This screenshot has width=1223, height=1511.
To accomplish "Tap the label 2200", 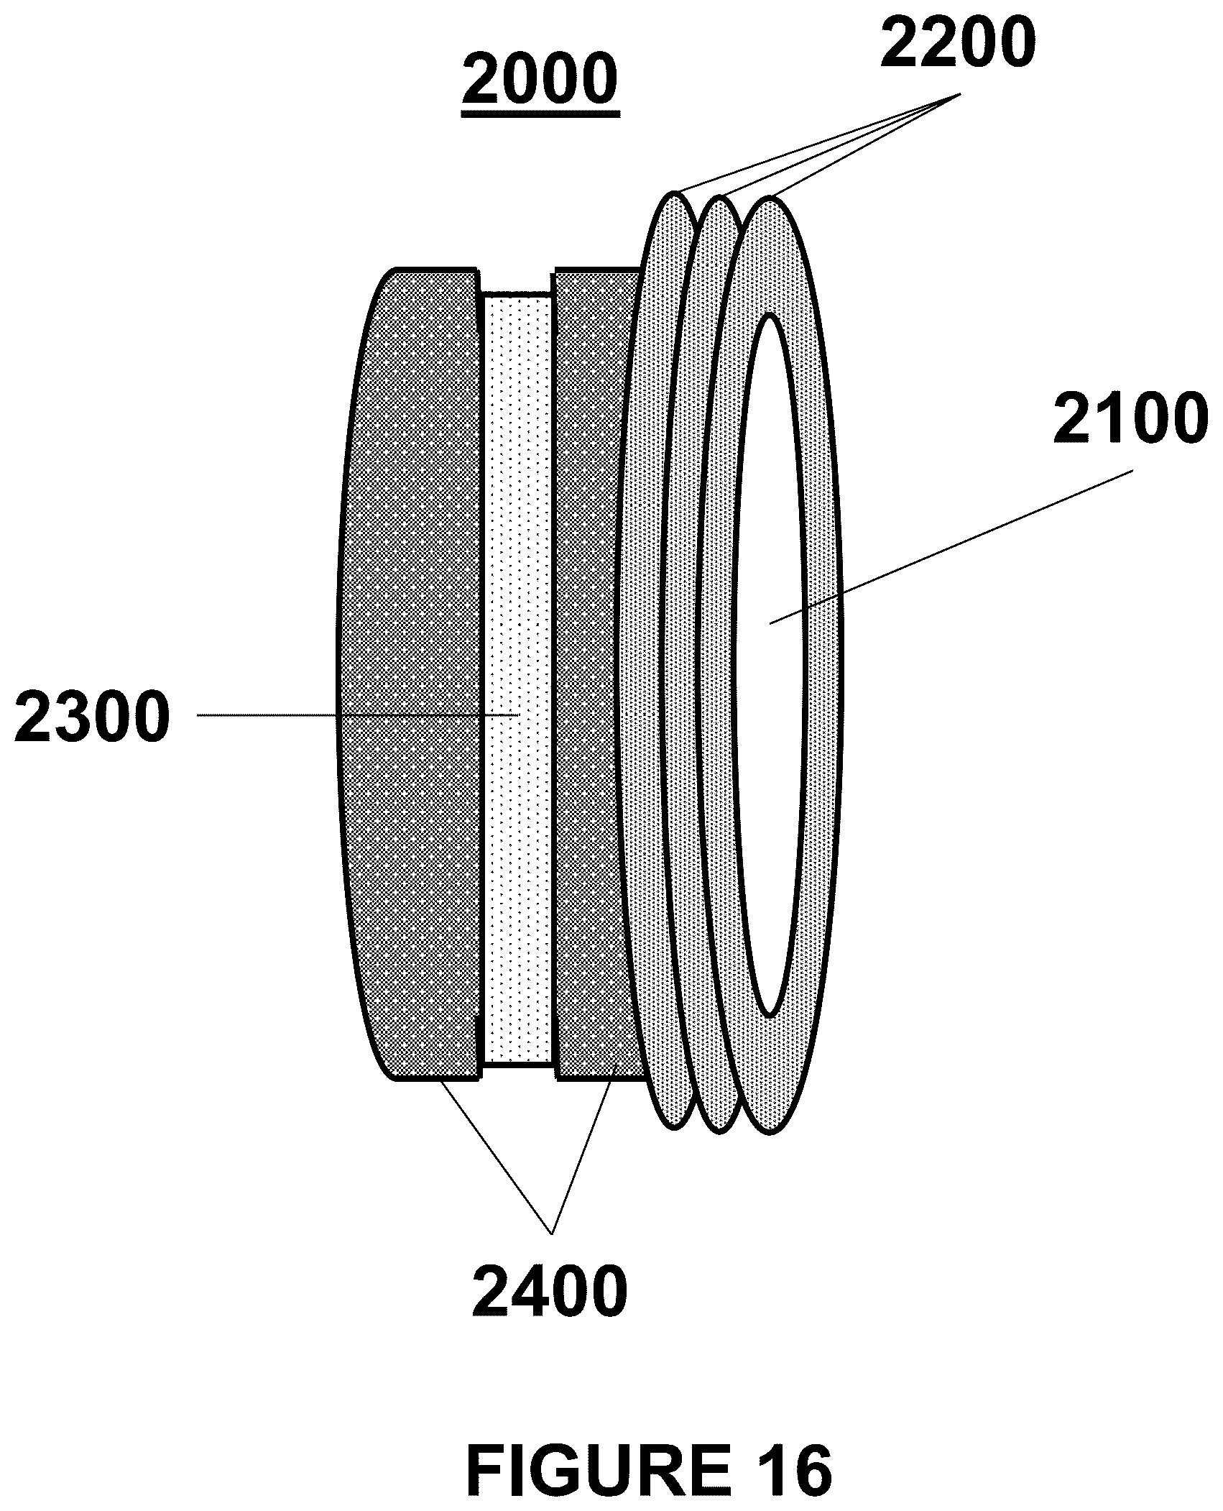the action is coord(959,45).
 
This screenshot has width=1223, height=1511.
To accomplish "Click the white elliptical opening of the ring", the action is coord(770,665).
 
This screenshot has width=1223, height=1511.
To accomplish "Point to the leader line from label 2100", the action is coord(951,547).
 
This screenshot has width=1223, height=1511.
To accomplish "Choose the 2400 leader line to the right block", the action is coord(581,1166).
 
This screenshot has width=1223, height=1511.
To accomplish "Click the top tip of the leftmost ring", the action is coord(675,191).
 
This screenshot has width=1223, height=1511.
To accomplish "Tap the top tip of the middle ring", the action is coord(721,196).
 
